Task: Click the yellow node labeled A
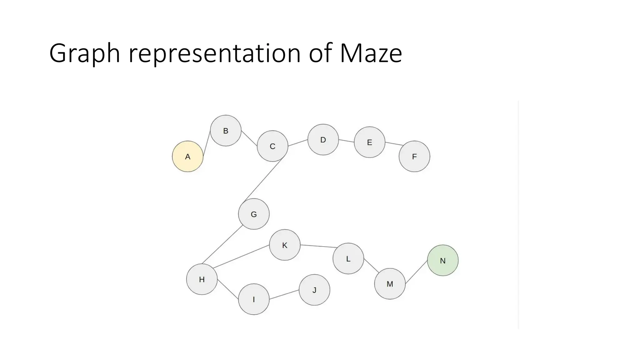pos(187,156)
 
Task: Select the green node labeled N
pos(442,260)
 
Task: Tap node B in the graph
pos(226,131)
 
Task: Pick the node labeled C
pos(272,146)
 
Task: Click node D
pos(323,140)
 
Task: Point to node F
pos(414,156)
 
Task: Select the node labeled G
pos(254,214)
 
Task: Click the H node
pos(202,279)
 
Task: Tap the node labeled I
pos(254,299)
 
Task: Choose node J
pos(314,290)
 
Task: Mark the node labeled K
pos(285,245)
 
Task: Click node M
pos(390,284)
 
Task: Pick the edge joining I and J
pos(284,295)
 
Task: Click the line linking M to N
pos(416,272)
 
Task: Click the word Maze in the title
pos(371,54)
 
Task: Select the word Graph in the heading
pos(85,54)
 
